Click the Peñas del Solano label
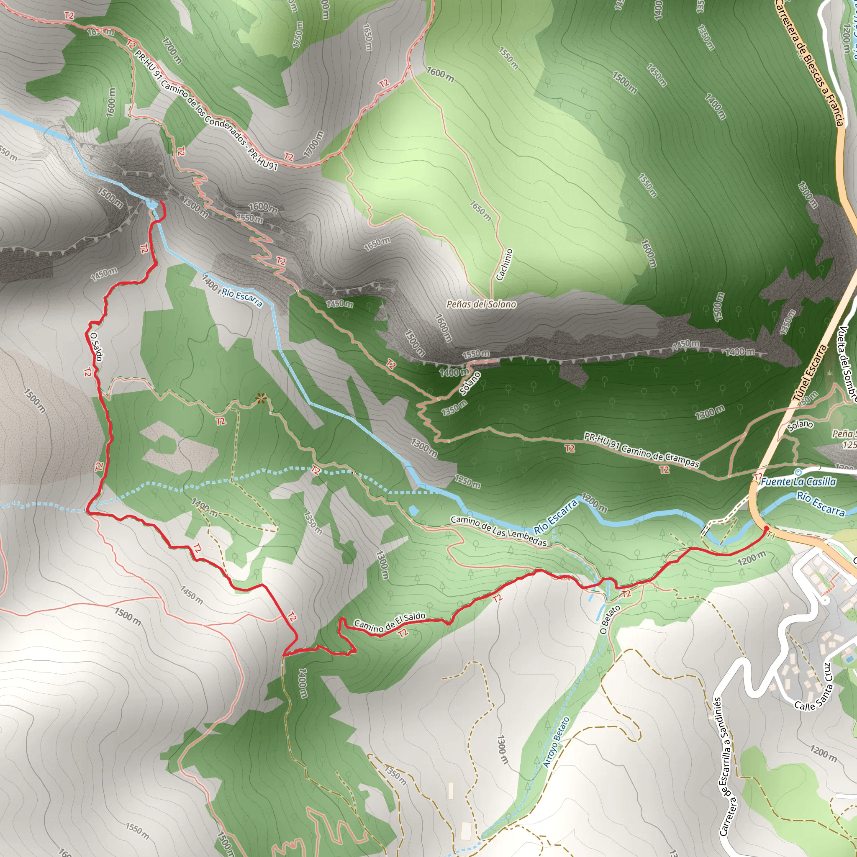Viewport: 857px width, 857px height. (x=481, y=304)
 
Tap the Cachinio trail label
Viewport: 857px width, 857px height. (x=504, y=265)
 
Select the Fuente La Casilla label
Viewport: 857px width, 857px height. (x=798, y=482)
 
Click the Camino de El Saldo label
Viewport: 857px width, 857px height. (x=390, y=621)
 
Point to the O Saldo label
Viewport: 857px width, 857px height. (x=96, y=347)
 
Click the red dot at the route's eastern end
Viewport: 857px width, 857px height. (x=767, y=528)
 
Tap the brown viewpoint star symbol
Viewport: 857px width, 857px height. (x=261, y=399)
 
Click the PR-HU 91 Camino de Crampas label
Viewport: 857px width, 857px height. (x=641, y=450)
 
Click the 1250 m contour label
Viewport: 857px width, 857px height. (x=467, y=482)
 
